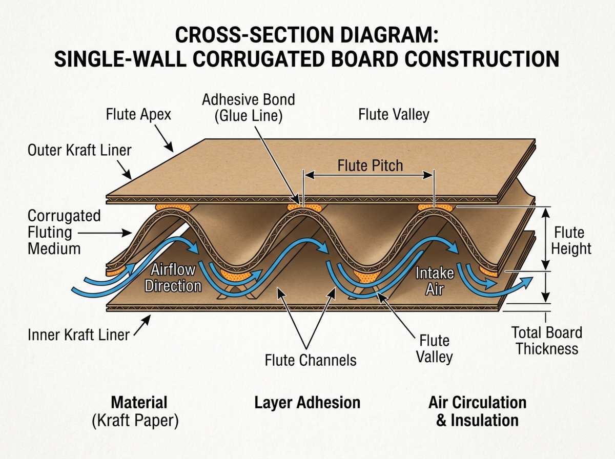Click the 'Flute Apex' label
138,114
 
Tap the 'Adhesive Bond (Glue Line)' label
249,107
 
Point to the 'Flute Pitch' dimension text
370,166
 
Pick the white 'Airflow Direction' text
173,278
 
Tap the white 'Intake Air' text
435,281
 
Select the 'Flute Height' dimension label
572,241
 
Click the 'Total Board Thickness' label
547,341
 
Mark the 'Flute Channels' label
311,360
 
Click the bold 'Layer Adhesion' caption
307,402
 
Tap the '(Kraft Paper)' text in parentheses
135,421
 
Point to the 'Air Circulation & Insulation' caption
477,411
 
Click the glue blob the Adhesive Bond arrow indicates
302,207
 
